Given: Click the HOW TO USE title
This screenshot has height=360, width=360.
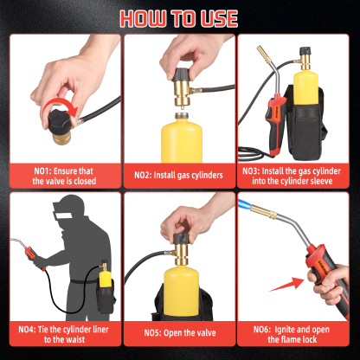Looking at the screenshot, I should point(180,17).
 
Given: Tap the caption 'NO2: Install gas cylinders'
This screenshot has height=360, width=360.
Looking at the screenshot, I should point(179,175).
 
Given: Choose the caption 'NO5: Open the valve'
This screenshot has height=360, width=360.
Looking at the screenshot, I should point(179,333).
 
